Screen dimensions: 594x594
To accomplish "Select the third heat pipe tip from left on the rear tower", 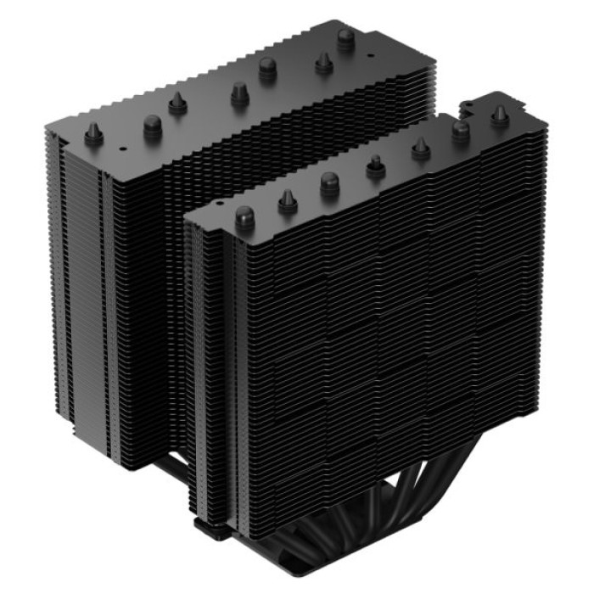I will coord(177,104).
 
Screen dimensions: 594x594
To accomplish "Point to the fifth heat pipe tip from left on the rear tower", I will coord(267,68).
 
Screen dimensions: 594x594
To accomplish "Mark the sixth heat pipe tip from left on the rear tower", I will coord(323,62).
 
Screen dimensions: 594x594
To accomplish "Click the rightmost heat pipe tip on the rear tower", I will coord(345,39).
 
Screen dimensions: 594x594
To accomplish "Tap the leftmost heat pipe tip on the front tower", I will coord(244,216).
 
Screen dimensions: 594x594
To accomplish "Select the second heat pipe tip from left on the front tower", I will coord(287,200).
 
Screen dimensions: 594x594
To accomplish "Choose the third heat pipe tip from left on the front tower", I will coord(329,183).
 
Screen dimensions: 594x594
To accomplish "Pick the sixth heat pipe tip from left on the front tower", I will coord(461,130).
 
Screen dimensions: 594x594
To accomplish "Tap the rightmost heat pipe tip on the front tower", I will coord(500,115).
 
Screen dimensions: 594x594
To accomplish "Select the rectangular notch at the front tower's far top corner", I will coord(468,106).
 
